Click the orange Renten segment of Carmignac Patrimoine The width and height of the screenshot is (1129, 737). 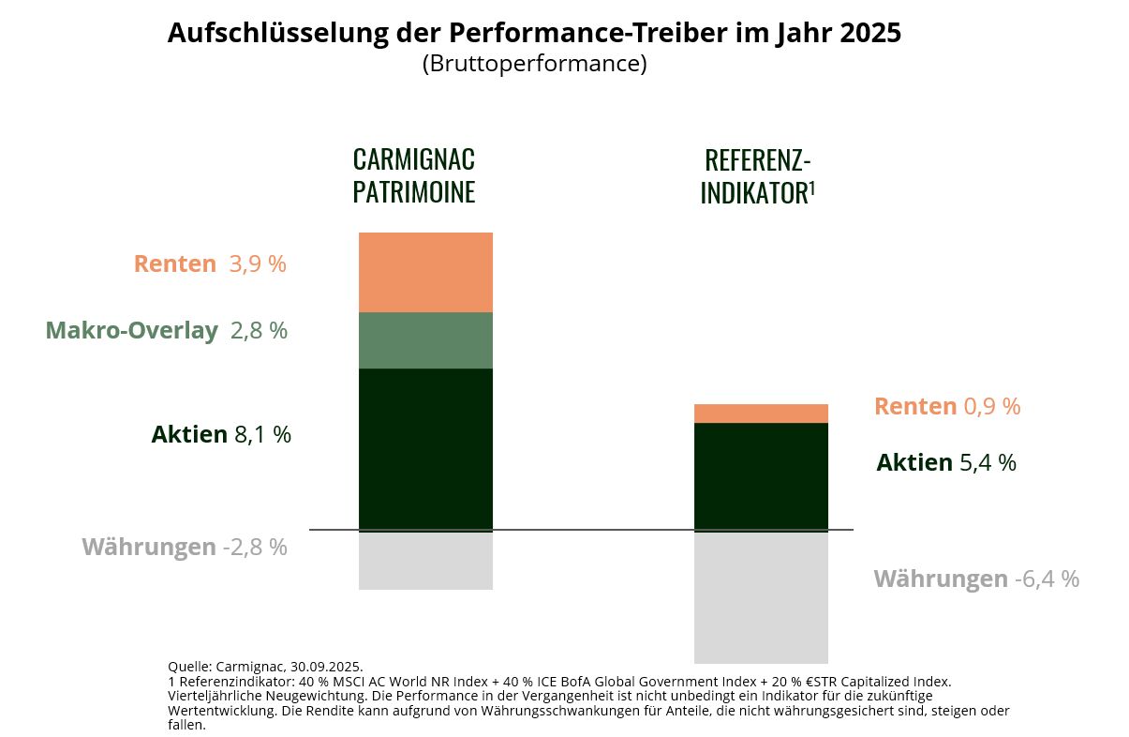425,272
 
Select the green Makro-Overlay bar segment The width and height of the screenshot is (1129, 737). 425,340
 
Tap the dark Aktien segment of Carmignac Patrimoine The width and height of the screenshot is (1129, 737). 425,448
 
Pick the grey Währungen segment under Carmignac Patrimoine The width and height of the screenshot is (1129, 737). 425,560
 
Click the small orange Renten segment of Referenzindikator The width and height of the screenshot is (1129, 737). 761,414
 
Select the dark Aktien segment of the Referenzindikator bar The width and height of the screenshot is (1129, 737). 761,475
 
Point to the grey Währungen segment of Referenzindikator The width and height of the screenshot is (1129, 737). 761,596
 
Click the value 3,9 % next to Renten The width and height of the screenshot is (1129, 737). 258,264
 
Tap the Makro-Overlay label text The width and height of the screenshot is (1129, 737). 131,331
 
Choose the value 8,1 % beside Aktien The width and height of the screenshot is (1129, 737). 262,435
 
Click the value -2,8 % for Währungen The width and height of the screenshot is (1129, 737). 255,548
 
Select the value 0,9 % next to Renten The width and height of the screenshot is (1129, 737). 991,407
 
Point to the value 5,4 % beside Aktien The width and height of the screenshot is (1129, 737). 988,463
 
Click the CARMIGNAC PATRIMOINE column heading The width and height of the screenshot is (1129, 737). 414,175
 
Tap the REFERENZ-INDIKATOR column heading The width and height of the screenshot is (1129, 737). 757,176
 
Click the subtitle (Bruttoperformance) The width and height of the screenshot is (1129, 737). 534,65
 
